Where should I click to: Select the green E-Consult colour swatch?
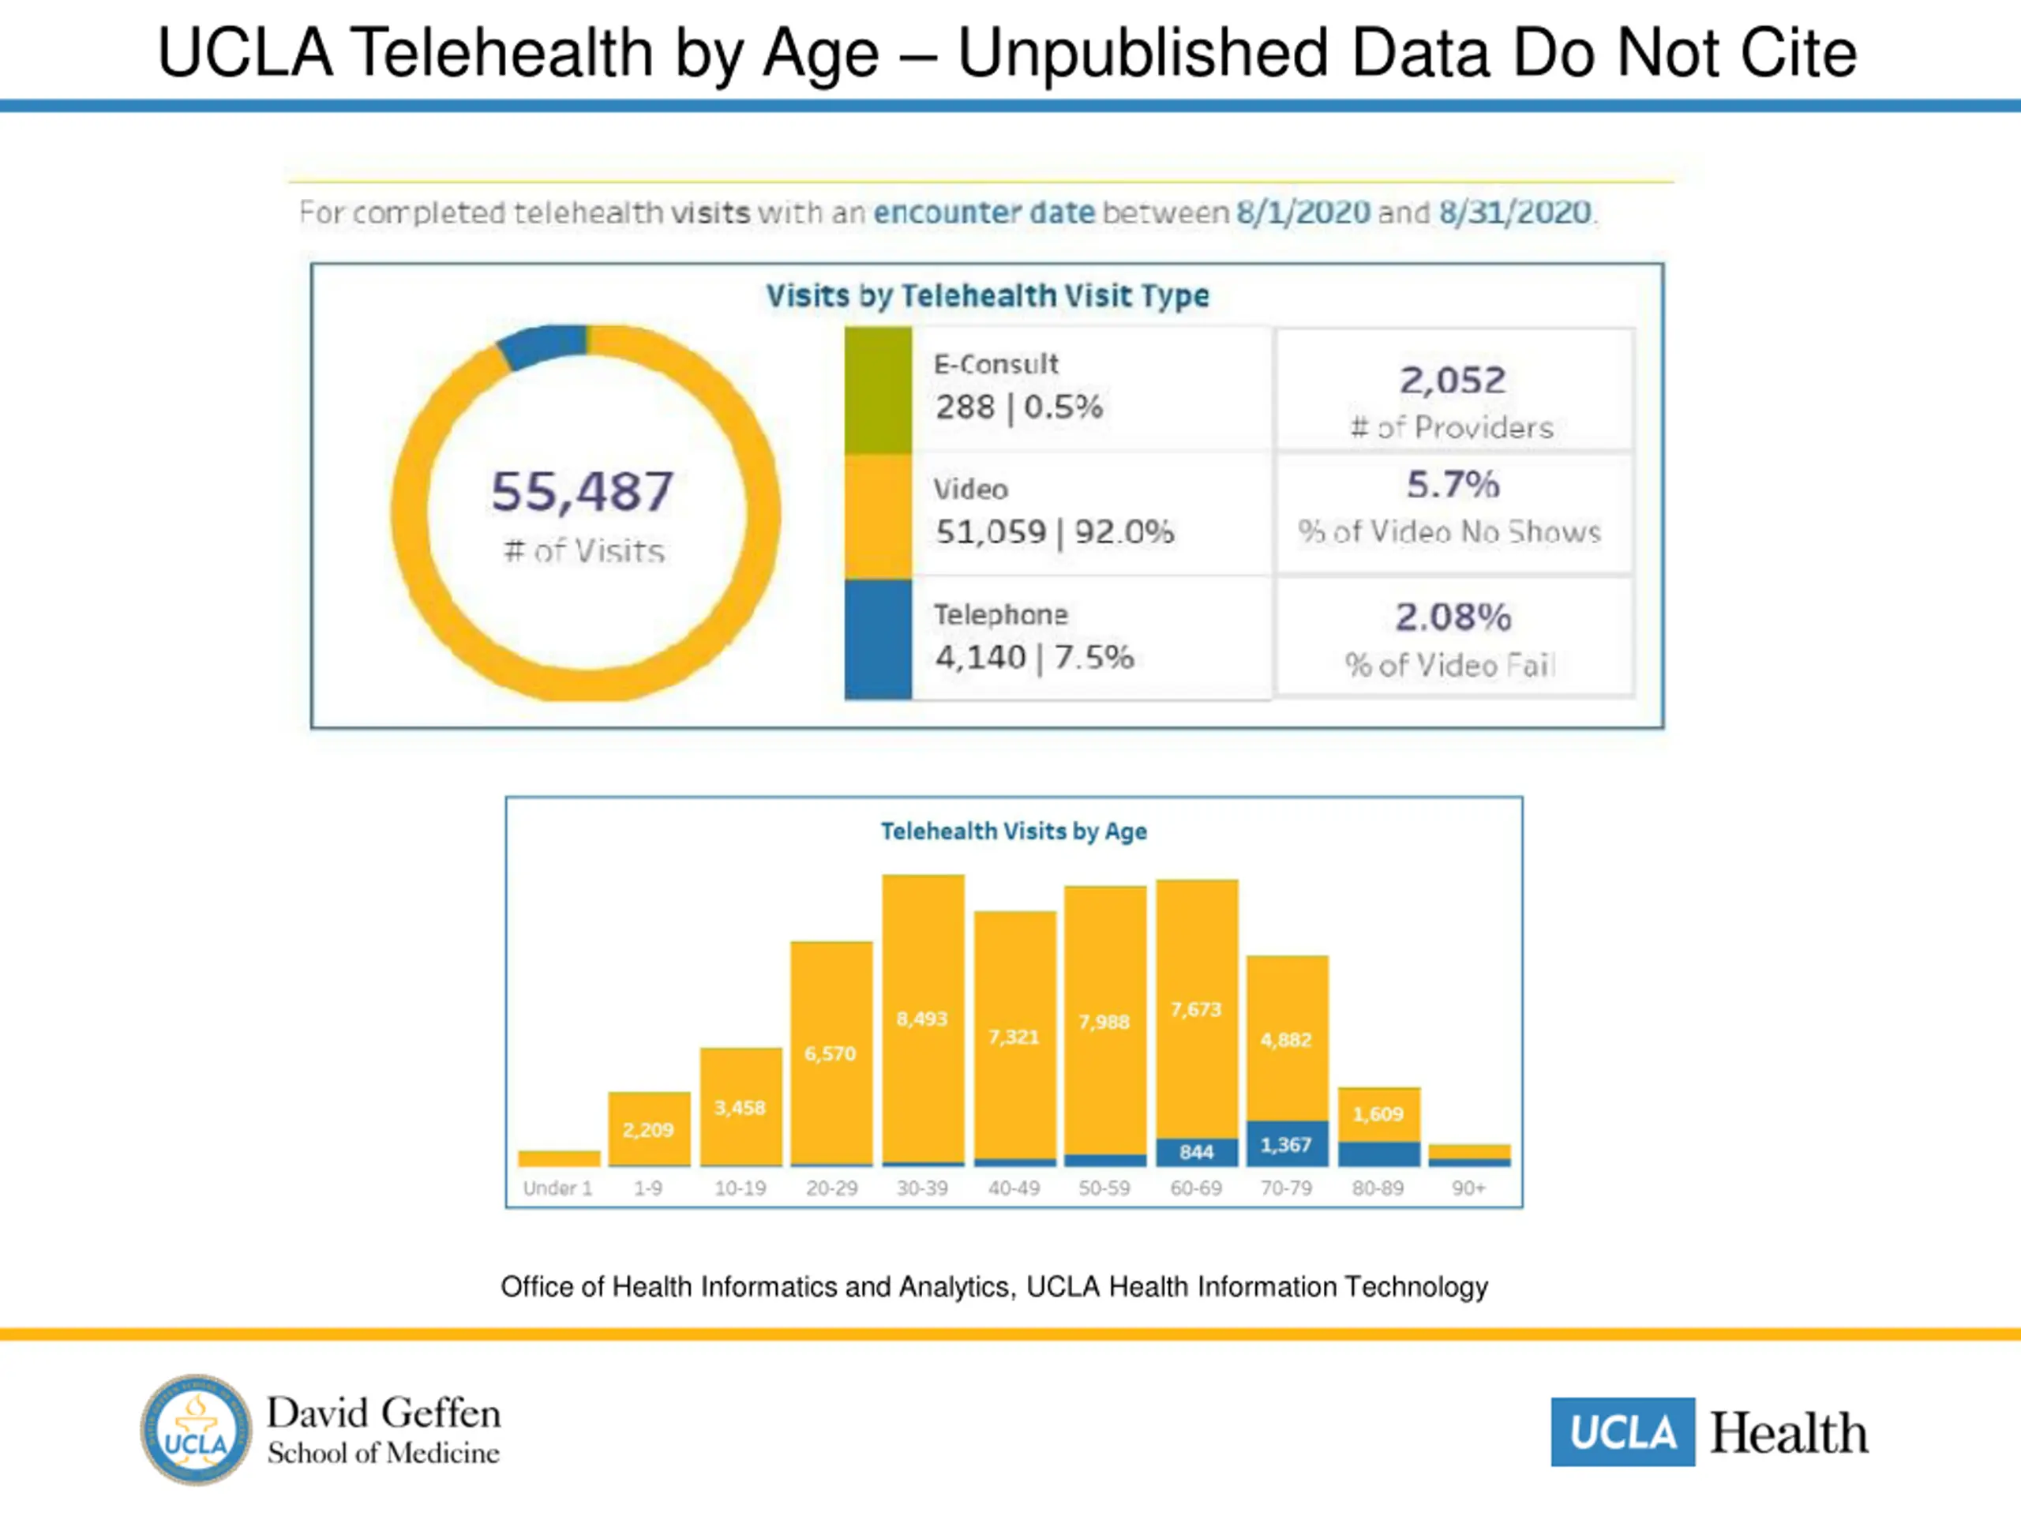[x=877, y=390]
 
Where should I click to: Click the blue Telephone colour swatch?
[x=877, y=640]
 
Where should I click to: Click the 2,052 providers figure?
[x=1453, y=380]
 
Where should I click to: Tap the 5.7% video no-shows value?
[x=1453, y=484]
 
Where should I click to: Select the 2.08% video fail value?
[x=1453, y=617]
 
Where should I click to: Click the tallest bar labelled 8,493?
[x=923, y=1019]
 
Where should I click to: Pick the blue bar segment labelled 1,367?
[x=1287, y=1144]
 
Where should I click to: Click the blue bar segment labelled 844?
[x=1196, y=1152]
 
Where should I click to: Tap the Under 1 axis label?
[x=557, y=1188]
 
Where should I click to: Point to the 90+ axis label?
[x=1468, y=1188]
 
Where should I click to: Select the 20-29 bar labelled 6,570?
[x=831, y=1053]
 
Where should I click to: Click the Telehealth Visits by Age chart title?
[x=1013, y=831]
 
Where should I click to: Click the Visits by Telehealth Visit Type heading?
[x=987, y=296]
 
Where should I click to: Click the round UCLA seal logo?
[x=196, y=1430]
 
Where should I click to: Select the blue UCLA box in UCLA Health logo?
[x=1622, y=1432]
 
